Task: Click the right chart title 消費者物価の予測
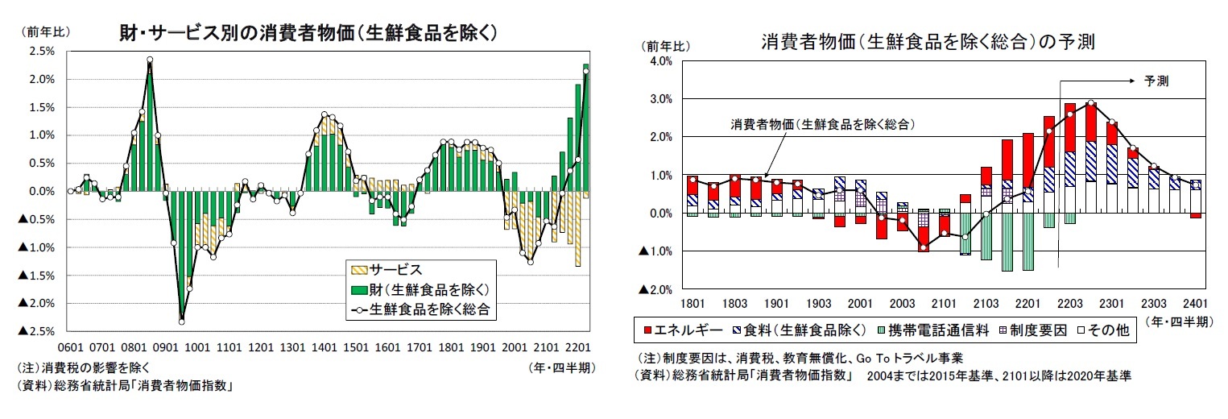(x=926, y=41)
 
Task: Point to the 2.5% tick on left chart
(x=42, y=52)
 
